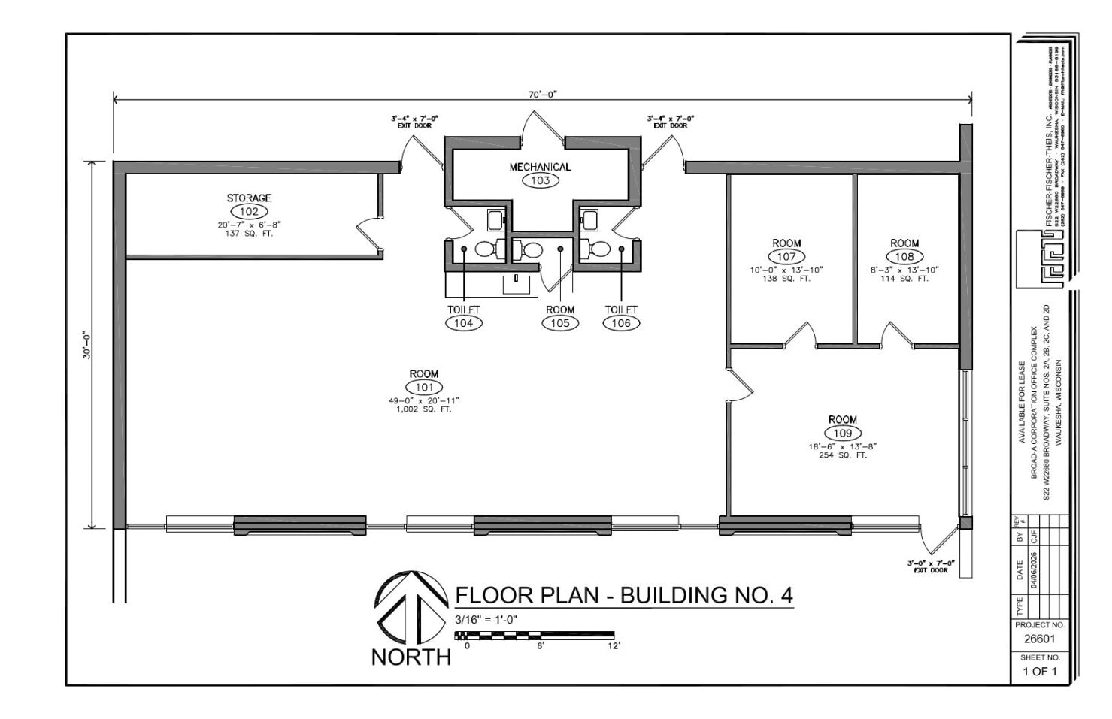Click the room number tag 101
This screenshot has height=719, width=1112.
pyautogui.click(x=424, y=387)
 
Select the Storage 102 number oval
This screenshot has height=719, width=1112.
pyautogui.click(x=249, y=211)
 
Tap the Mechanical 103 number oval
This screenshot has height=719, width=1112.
pyautogui.click(x=540, y=180)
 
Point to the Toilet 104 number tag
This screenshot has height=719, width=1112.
pyautogui.click(x=463, y=323)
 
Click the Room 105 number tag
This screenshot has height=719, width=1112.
pyautogui.click(x=560, y=323)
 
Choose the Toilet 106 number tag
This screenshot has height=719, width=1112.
pyautogui.click(x=621, y=323)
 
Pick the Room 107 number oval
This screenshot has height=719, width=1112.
pyautogui.click(x=786, y=256)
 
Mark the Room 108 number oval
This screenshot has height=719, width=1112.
pyautogui.click(x=904, y=256)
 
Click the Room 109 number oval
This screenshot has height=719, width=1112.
pyautogui.click(x=842, y=433)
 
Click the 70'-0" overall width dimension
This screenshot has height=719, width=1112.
pyautogui.click(x=542, y=95)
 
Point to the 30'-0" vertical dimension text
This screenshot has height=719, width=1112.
pyautogui.click(x=87, y=345)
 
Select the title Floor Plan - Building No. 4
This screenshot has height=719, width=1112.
pyautogui.click(x=623, y=595)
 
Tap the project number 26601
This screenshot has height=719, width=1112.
pyautogui.click(x=1039, y=639)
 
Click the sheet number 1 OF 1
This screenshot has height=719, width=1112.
pyautogui.click(x=1039, y=671)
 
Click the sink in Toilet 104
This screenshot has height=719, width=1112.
pyautogui.click(x=495, y=219)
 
